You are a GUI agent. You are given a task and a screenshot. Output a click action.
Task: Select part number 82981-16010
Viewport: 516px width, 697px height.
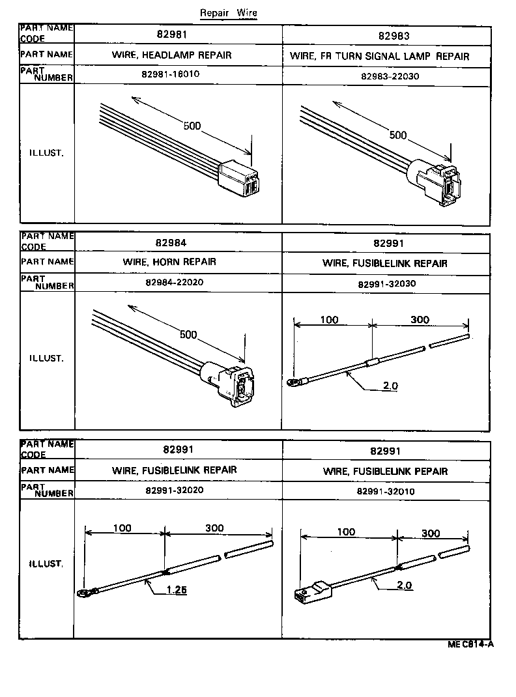pyautogui.click(x=170, y=74)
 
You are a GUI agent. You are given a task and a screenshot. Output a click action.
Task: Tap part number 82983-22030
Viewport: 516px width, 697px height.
pyautogui.click(x=389, y=76)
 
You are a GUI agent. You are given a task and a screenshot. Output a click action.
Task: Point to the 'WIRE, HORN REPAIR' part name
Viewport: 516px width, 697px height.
pyautogui.click(x=169, y=262)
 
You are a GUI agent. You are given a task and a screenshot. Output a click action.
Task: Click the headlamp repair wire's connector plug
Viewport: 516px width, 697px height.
pyautogui.click(x=239, y=178)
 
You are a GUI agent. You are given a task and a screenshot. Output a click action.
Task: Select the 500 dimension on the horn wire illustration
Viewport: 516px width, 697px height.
pyautogui.click(x=188, y=335)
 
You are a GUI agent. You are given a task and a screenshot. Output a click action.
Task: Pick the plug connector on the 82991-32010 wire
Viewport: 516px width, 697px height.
pyautogui.click(x=312, y=590)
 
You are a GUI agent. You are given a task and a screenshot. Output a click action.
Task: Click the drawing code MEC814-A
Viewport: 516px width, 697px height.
pyautogui.click(x=470, y=645)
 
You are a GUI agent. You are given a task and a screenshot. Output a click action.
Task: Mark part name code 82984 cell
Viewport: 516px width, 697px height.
pyautogui.click(x=171, y=243)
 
